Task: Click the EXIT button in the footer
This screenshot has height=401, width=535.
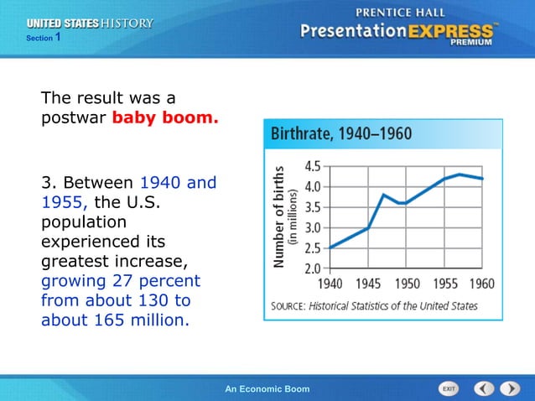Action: (449, 389)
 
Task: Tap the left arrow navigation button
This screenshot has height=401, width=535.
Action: (484, 389)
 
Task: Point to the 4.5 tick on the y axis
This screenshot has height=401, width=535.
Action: (311, 165)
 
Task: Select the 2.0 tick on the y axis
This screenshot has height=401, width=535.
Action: (311, 268)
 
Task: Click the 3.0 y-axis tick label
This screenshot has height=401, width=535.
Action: (311, 227)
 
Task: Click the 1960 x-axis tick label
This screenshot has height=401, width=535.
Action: (481, 284)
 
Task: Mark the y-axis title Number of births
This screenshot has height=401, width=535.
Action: (278, 216)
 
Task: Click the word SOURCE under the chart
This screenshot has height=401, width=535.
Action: (287, 306)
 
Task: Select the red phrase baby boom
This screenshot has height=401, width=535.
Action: (165, 118)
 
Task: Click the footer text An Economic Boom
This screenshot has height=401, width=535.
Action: (267, 389)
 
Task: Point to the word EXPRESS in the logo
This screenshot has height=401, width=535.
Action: (454, 33)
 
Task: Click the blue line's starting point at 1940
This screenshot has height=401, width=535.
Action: (330, 247)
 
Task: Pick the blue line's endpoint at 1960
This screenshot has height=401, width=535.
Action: (482, 179)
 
